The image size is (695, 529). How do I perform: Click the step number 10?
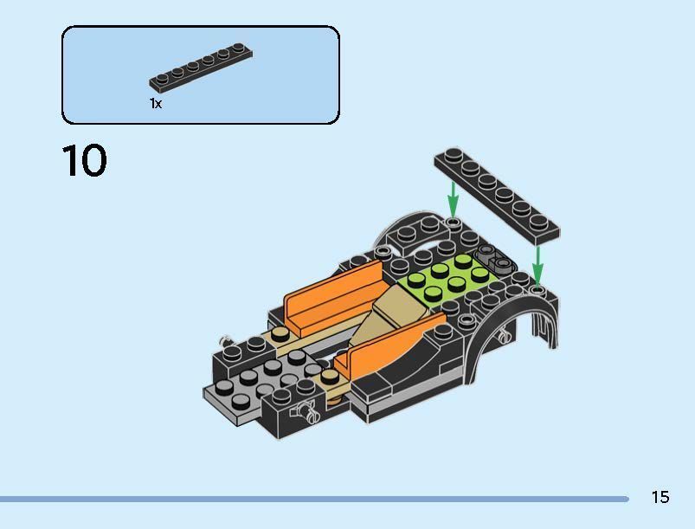tap(85, 161)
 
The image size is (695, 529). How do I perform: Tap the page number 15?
tap(660, 497)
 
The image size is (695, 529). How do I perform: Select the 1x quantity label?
tap(156, 104)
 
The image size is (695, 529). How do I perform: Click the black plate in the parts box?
tap(201, 70)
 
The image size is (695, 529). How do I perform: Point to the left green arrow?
tap(452, 200)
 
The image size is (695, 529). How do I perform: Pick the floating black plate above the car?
tap(496, 193)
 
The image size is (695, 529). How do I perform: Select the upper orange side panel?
tap(333, 294)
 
